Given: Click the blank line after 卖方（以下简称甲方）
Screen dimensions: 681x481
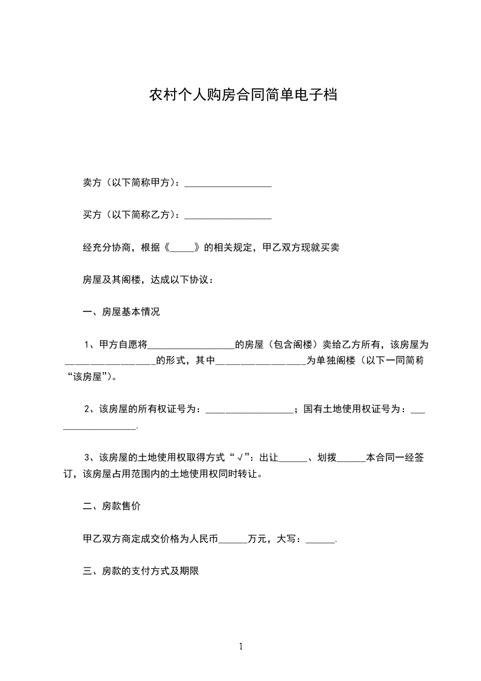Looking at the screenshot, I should pyautogui.click(x=227, y=183).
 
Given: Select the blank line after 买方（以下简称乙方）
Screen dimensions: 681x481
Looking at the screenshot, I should pyautogui.click(x=227, y=215).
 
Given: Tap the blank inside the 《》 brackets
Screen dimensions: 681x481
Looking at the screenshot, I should pyautogui.click(x=182, y=248).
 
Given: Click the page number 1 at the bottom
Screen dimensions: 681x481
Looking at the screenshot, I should pyautogui.click(x=241, y=646).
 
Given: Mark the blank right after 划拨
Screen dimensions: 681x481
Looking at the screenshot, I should pyautogui.click(x=351, y=459).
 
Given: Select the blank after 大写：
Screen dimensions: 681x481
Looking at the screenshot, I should pyautogui.click(x=321, y=539).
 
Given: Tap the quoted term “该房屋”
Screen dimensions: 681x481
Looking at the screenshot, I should pyautogui.click(x=90, y=377).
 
